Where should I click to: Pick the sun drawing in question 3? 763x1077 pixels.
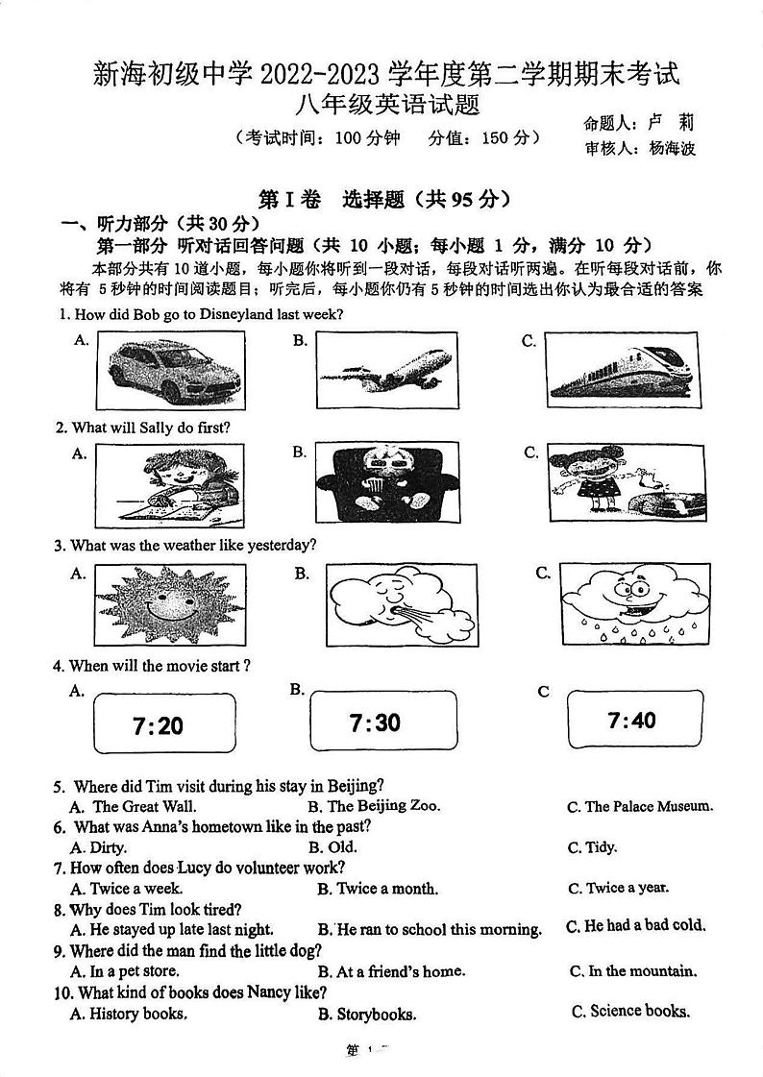[x=170, y=604]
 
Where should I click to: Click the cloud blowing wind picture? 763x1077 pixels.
[x=395, y=605]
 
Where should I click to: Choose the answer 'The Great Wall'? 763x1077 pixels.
[x=144, y=807]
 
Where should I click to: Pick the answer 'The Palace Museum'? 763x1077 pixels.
[x=649, y=807]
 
